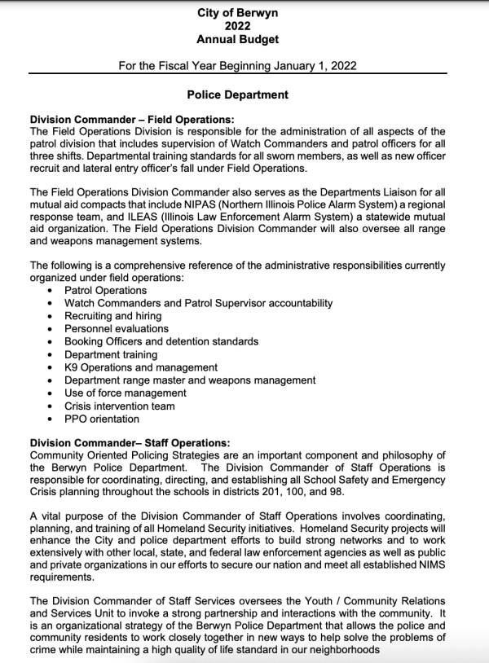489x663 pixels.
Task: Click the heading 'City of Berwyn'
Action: (x=237, y=12)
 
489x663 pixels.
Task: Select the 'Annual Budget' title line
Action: (x=237, y=38)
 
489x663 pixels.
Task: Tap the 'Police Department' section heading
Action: (x=237, y=94)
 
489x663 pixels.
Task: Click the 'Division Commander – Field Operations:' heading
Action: (x=130, y=118)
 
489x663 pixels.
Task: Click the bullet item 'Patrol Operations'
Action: (x=106, y=290)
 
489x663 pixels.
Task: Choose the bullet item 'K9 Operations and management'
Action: (x=141, y=367)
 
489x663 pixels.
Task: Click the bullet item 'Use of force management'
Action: (x=126, y=393)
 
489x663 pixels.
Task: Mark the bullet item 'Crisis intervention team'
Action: (x=120, y=406)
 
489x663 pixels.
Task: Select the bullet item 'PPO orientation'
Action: (x=102, y=419)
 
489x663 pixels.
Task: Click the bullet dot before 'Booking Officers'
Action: (x=52, y=342)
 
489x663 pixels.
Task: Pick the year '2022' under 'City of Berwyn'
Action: (x=237, y=25)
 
